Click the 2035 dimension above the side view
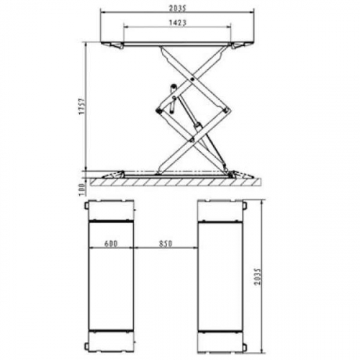178,9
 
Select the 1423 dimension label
178,22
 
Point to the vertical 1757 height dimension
81,107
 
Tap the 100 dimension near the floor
82,189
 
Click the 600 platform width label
111,243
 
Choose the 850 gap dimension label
166,243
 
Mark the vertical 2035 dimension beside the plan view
258,276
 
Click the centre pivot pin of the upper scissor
193,79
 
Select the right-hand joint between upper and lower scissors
225,110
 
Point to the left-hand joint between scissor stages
158,111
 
